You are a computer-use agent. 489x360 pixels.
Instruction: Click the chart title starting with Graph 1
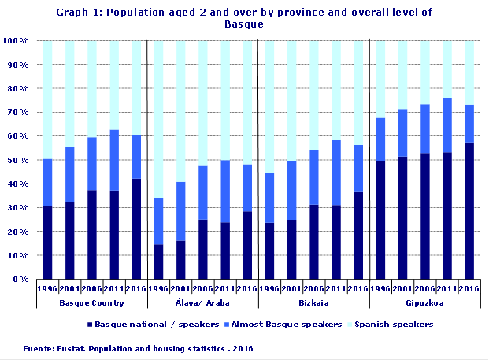[244, 18]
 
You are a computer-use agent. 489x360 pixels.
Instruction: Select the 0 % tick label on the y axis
[19, 280]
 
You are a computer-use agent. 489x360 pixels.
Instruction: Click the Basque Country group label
[91, 303]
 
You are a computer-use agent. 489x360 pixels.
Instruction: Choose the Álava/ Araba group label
[203, 303]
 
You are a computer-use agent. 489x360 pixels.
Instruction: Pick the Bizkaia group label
[314, 303]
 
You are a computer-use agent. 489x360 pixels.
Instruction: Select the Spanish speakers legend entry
[398, 325]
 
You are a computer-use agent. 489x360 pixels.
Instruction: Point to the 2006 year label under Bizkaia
[314, 288]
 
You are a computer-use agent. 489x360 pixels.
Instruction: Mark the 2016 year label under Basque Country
[135, 288]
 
